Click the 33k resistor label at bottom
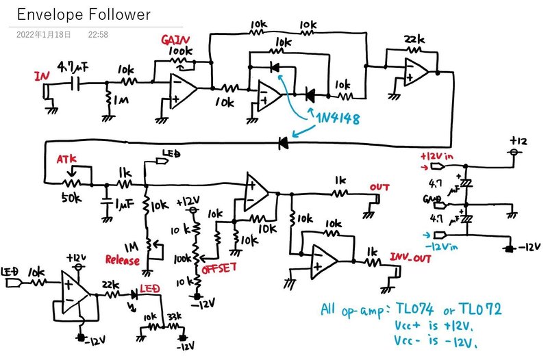coord(173,317)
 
